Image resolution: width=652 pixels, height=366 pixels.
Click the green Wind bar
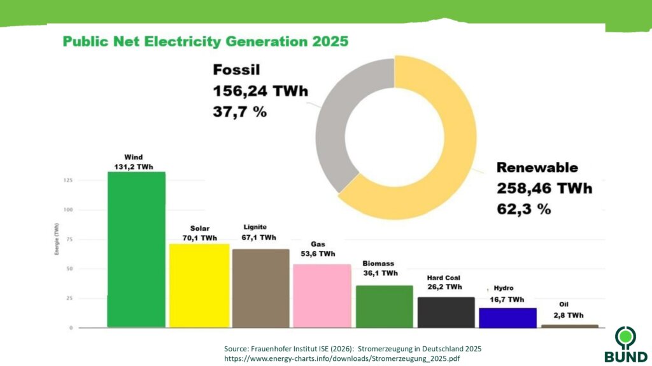136,249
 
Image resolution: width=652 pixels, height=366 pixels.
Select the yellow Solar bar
199,285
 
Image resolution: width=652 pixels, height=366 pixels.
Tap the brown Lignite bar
260,288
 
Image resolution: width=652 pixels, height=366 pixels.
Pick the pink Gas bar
322,296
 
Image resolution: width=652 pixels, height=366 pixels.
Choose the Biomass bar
385,306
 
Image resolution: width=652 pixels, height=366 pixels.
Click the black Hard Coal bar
446,312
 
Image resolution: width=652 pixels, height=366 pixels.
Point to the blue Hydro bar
507,318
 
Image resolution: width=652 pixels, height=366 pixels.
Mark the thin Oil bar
570,326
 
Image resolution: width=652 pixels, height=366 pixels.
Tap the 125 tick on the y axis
67,180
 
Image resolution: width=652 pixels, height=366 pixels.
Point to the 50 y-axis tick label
69,269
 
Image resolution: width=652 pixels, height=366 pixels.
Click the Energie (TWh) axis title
57,239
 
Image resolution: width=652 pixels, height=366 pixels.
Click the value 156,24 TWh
260,91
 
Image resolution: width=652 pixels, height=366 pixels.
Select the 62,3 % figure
524,208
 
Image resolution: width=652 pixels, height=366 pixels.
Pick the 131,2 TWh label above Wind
134,167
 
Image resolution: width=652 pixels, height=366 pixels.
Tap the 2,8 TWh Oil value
569,315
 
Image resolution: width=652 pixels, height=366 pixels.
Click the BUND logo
626,344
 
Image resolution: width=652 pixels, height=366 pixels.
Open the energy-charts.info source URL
342,358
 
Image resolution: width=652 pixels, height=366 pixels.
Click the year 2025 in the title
330,41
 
